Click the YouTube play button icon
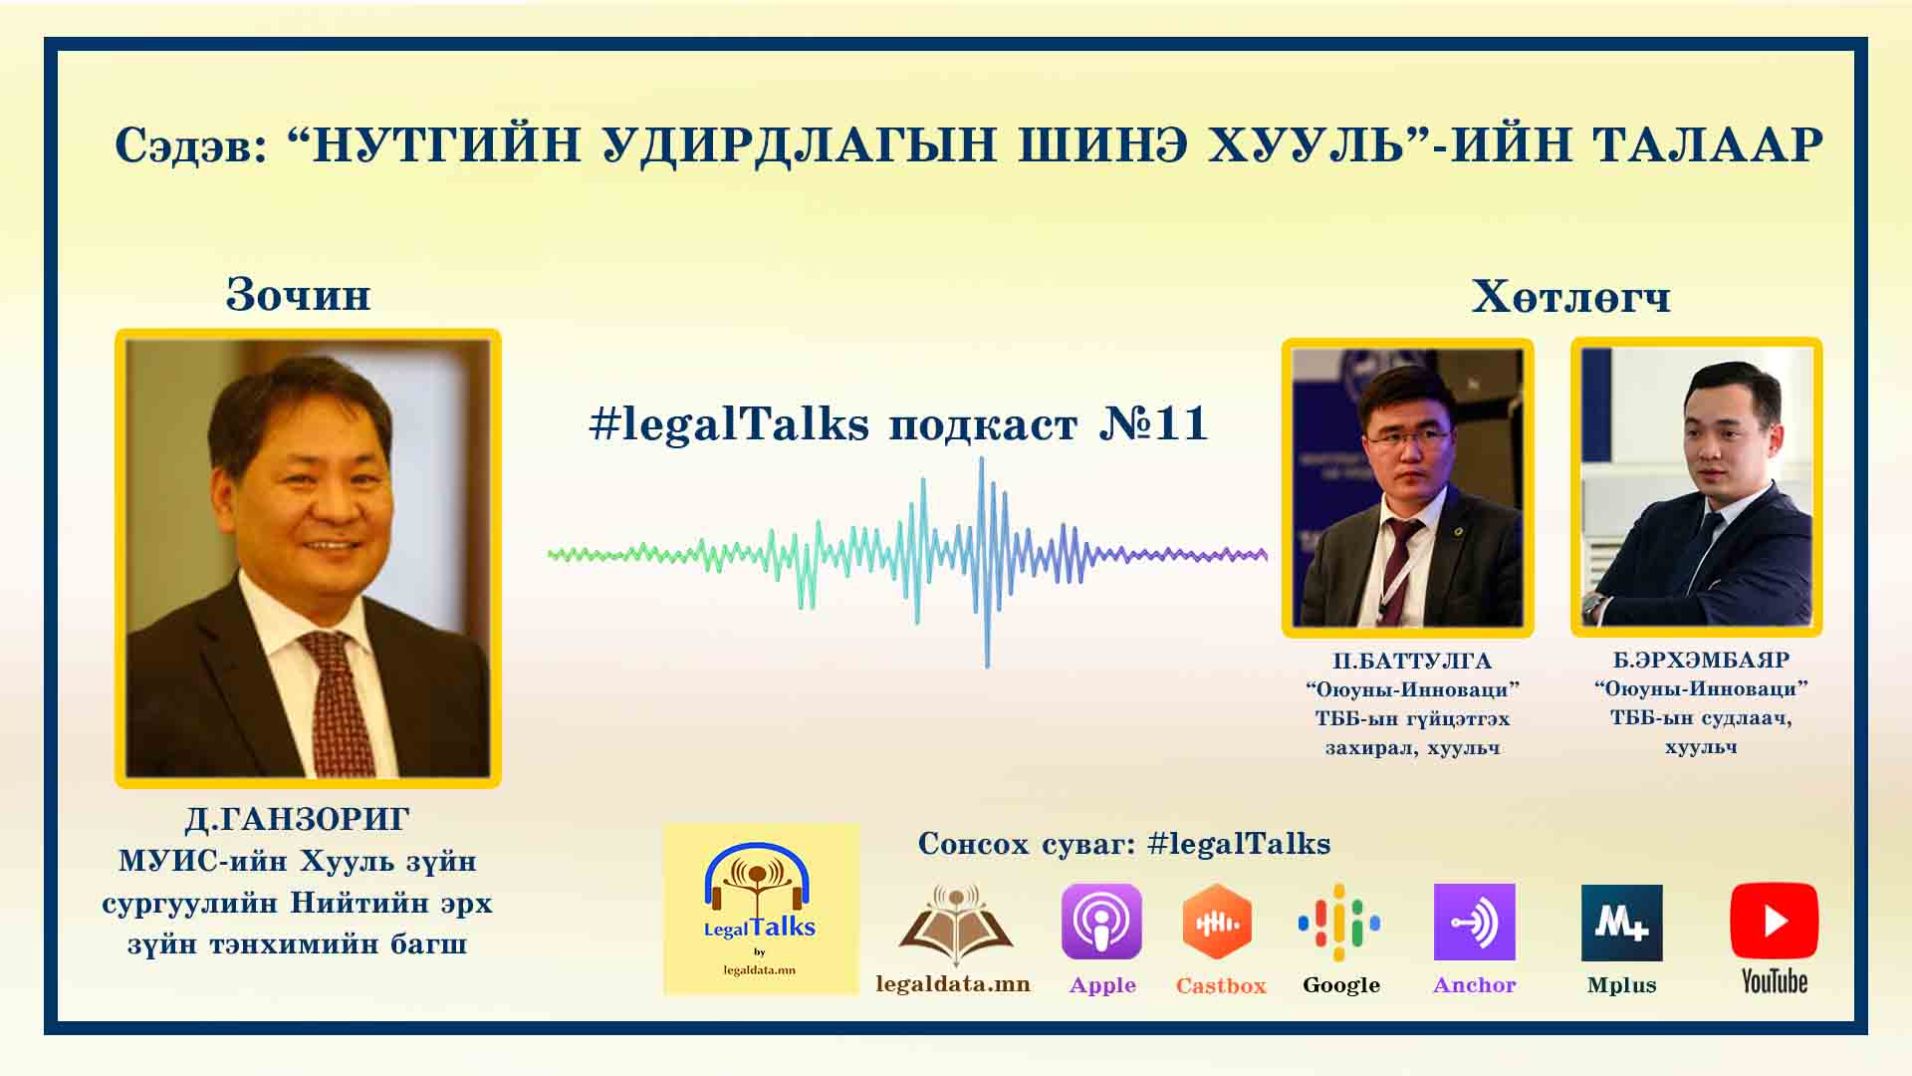[1774, 921]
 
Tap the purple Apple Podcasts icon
[1101, 922]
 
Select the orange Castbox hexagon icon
[1217, 922]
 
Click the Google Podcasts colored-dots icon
[1339, 922]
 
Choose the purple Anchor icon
[1474, 922]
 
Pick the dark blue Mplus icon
[1622, 923]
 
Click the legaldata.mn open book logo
[955, 926]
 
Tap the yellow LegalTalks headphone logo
[761, 909]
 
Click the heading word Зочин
[298, 295]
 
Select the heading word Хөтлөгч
[1570, 297]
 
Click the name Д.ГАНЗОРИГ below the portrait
[297, 819]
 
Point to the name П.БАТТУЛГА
[1412, 662]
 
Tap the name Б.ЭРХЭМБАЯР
[1701, 661]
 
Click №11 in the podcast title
[1153, 423]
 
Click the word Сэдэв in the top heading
[190, 145]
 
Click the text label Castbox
[1221, 986]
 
